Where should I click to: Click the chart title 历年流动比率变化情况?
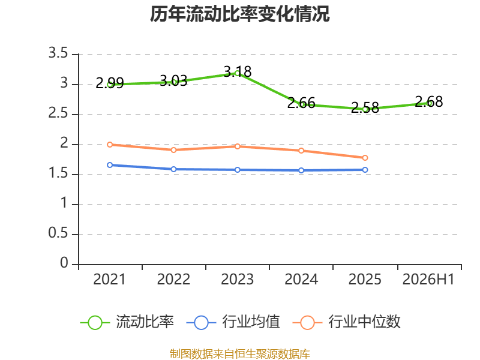pyautogui.click(x=239, y=14)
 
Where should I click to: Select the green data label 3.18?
pyautogui.click(x=238, y=71)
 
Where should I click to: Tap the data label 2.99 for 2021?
pyautogui.click(x=110, y=83)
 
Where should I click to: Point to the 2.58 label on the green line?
pyautogui.click(x=365, y=108)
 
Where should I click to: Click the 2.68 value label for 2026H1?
pyautogui.click(x=429, y=101)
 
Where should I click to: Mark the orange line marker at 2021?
pyautogui.click(x=110, y=145)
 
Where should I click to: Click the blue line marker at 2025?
pyautogui.click(x=365, y=170)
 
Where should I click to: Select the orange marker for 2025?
pyautogui.click(x=365, y=158)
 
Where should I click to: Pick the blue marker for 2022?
pyautogui.click(x=173, y=169)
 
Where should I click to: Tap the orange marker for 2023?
pyautogui.click(x=238, y=146)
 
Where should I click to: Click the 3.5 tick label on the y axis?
pyautogui.click(x=58, y=53)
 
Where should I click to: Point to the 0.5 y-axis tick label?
pyautogui.click(x=58, y=233)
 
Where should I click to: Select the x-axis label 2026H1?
pyautogui.click(x=428, y=279)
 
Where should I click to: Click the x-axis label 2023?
pyautogui.click(x=237, y=279)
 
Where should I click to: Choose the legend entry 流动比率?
pyautogui.click(x=127, y=322)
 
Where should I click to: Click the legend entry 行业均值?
pyautogui.click(x=233, y=322)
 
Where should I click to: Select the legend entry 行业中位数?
pyautogui.click(x=347, y=322)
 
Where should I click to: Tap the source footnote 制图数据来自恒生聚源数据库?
pyautogui.click(x=240, y=353)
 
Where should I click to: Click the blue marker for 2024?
pyautogui.click(x=301, y=170)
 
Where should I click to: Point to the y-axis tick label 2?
pyautogui.click(x=64, y=143)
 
